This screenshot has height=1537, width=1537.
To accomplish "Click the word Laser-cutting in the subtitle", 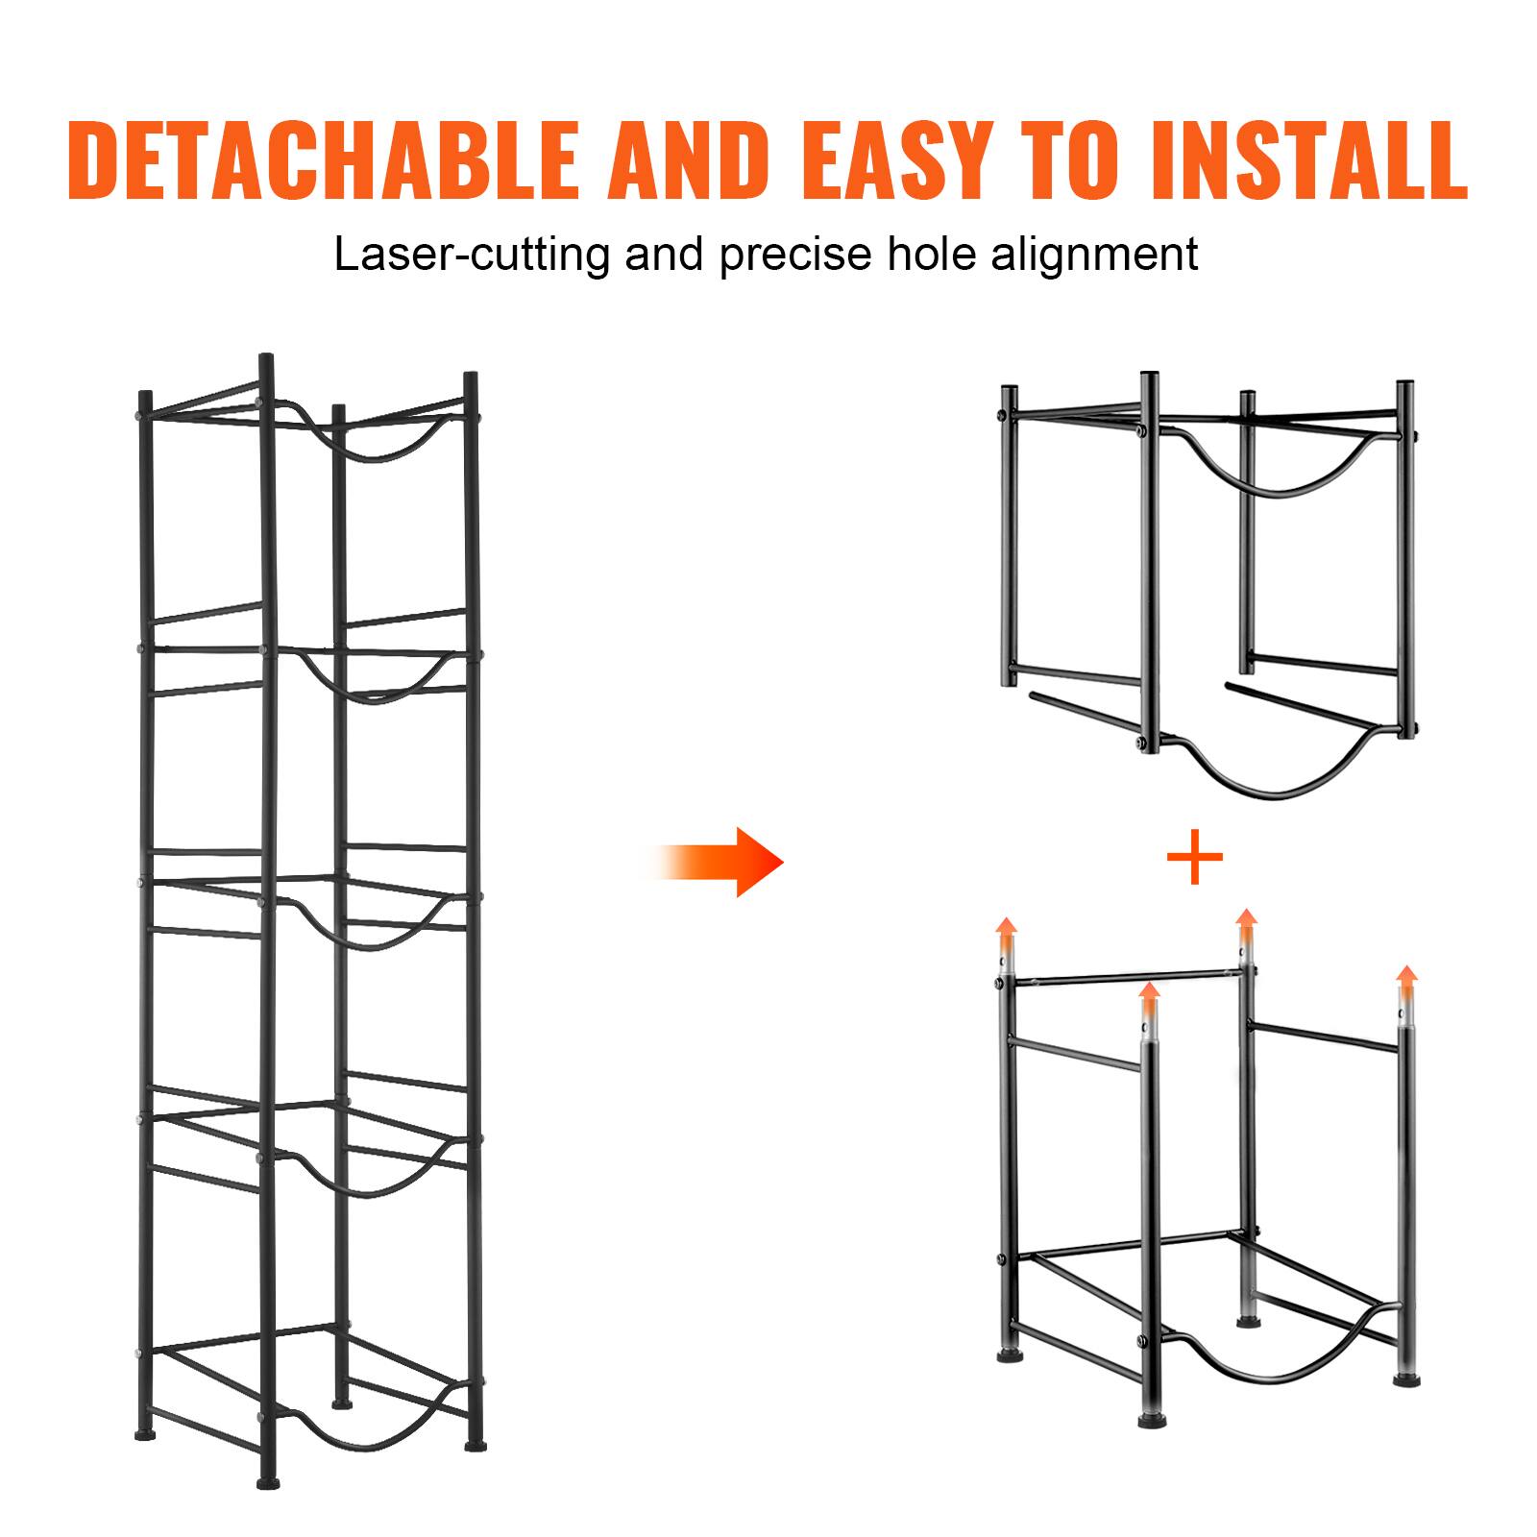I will click(x=472, y=256).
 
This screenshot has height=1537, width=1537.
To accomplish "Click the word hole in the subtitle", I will click(x=921, y=256).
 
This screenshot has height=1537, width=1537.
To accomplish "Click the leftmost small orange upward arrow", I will click(x=1006, y=930).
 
